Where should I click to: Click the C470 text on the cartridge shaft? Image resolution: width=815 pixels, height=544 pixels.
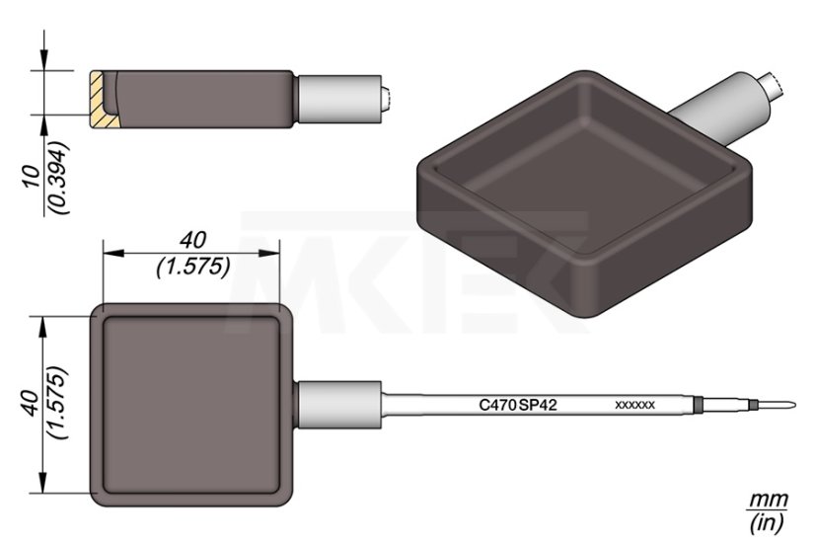point(497,405)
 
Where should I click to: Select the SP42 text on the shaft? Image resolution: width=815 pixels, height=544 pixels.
point(538,405)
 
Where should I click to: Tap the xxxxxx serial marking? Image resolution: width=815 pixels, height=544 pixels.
point(634,405)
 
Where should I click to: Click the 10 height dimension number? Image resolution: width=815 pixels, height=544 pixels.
point(33,177)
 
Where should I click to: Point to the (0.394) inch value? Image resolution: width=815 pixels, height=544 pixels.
point(57,177)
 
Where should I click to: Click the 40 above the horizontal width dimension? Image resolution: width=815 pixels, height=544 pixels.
point(192,240)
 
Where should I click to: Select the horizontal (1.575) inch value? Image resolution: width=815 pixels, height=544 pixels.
point(192,267)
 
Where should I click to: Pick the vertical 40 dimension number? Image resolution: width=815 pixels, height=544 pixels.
point(33,403)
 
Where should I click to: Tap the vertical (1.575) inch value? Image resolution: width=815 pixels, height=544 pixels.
point(57,403)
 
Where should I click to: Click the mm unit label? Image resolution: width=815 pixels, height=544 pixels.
point(769,500)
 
